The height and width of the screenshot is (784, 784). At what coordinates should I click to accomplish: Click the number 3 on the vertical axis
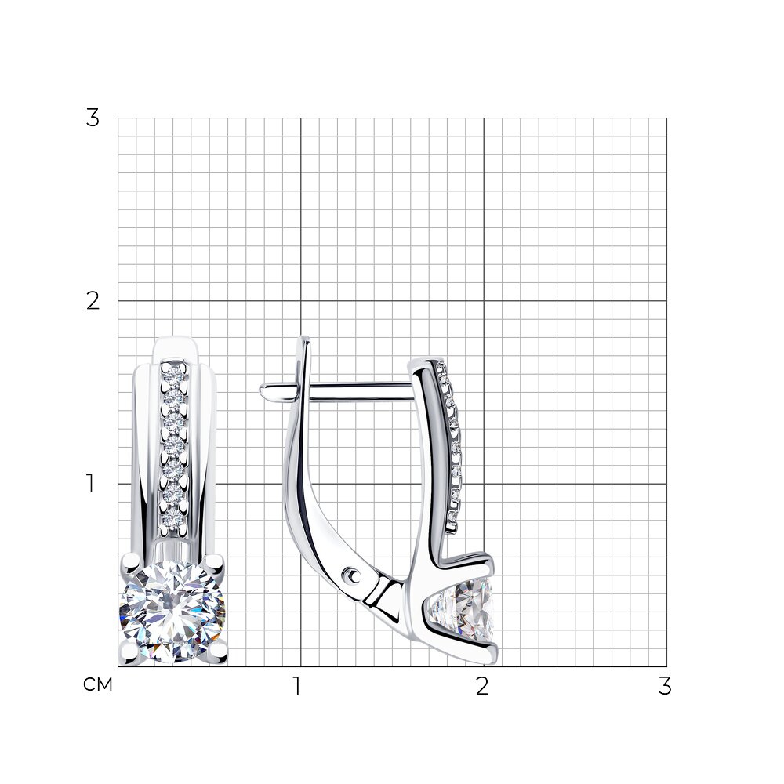coord(93,118)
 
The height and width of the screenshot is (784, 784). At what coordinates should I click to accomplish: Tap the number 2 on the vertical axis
coord(93,301)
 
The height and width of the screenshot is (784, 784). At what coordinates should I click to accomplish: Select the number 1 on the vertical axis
coord(90,484)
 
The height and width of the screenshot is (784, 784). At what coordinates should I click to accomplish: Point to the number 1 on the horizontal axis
coord(297,686)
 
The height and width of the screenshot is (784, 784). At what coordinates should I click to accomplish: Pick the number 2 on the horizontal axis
coord(482,686)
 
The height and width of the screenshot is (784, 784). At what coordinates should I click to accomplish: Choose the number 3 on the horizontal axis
coord(665,686)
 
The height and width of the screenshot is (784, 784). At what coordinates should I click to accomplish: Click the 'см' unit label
coord(97,684)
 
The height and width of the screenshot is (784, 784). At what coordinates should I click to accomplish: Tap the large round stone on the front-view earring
coord(172,612)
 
